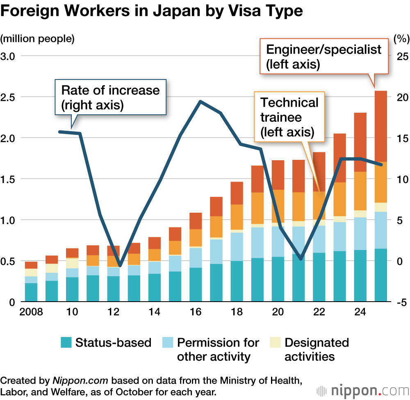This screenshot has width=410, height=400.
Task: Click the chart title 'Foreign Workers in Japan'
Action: pyautogui.click(x=152, y=11)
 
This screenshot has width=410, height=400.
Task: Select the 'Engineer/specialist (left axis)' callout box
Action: pyautogui.click(x=324, y=57)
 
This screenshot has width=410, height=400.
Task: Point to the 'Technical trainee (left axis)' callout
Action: pyautogui.click(x=289, y=117)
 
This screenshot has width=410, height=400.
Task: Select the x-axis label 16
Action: pyautogui.click(x=196, y=312)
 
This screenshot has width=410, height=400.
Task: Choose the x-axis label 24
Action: pyautogui.click(x=360, y=312)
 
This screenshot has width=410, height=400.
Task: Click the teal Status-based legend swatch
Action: pyautogui.click(x=66, y=342)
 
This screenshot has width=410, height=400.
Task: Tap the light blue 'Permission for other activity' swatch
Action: pyautogui.click(x=168, y=342)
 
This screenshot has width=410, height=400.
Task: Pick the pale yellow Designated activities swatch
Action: pyautogui.click(x=276, y=342)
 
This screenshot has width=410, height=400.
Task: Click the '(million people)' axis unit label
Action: pyautogui.click(x=38, y=39)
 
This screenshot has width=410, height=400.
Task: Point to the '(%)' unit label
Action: pyautogui.click(x=401, y=39)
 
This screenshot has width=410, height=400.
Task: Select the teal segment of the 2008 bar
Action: pyautogui.click(x=31, y=292)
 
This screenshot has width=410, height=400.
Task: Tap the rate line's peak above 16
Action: pyautogui.click(x=199, y=101)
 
